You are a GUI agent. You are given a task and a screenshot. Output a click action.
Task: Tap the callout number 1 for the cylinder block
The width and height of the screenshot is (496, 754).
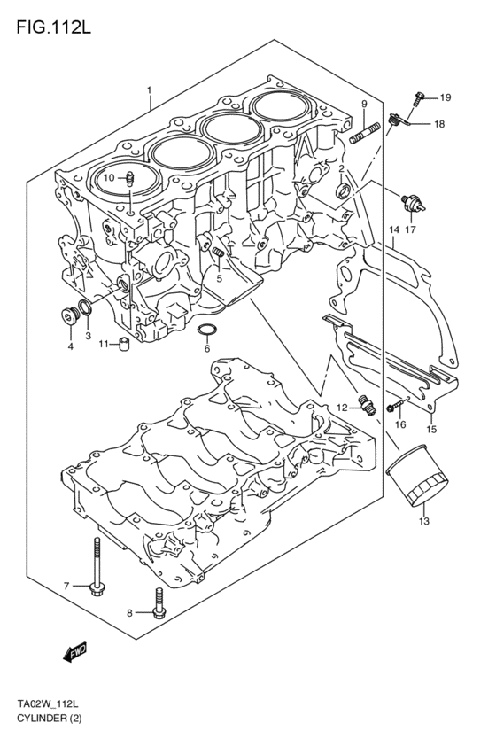coord(150,89)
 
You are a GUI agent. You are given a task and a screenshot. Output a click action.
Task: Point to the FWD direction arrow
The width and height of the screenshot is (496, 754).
coord(74,655)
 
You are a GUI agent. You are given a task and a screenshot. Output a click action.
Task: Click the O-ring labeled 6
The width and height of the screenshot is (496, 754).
coord(206,332)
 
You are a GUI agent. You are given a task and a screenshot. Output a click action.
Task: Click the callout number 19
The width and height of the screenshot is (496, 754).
coord(445,97)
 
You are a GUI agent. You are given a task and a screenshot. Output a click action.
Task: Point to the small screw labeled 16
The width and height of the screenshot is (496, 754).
coord(395,407)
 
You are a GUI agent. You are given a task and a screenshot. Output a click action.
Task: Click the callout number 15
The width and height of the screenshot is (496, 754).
coord(432,430)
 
